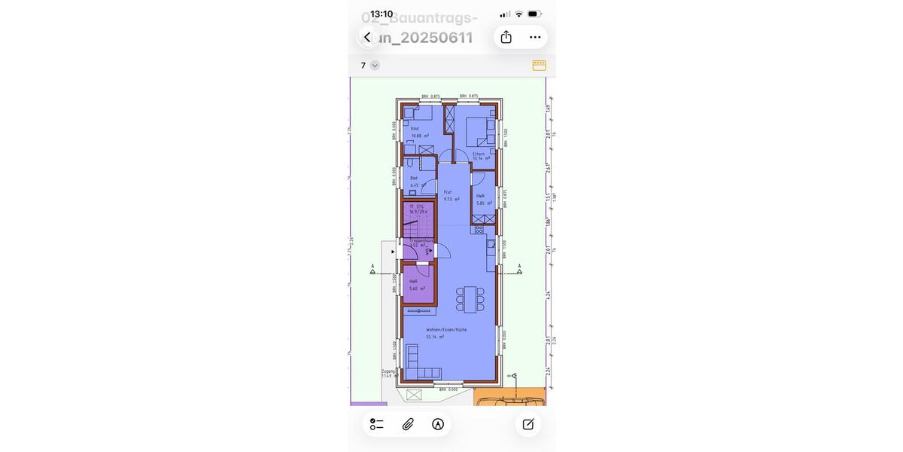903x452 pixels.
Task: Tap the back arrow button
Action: pyautogui.click(x=367, y=37)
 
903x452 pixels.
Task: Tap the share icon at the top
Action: pyautogui.click(x=506, y=37)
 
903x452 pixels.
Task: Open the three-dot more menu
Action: pyautogui.click(x=535, y=37)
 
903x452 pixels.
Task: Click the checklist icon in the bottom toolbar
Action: pyautogui.click(x=377, y=424)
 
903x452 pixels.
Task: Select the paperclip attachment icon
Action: pyautogui.click(x=408, y=424)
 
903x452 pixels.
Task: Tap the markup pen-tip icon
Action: pyautogui.click(x=438, y=424)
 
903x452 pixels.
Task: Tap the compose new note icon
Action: pyautogui.click(x=528, y=424)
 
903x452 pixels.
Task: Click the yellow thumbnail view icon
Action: pyautogui.click(x=539, y=66)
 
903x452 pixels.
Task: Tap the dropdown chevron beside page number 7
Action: pyautogui.click(x=375, y=66)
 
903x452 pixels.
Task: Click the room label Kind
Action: pyautogui.click(x=415, y=129)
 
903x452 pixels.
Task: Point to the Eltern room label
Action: pyautogui.click(x=479, y=154)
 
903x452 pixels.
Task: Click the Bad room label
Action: pyautogui.click(x=414, y=178)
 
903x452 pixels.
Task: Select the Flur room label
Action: pyautogui.click(x=448, y=192)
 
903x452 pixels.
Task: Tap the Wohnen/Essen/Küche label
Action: pyautogui.click(x=446, y=330)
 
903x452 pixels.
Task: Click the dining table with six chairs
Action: pyautogui.click(x=470, y=299)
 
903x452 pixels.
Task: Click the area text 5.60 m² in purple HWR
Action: pyautogui.click(x=417, y=289)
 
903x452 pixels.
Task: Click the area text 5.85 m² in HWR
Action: pyautogui.click(x=484, y=203)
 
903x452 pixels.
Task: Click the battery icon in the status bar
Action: pyautogui.click(x=534, y=14)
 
